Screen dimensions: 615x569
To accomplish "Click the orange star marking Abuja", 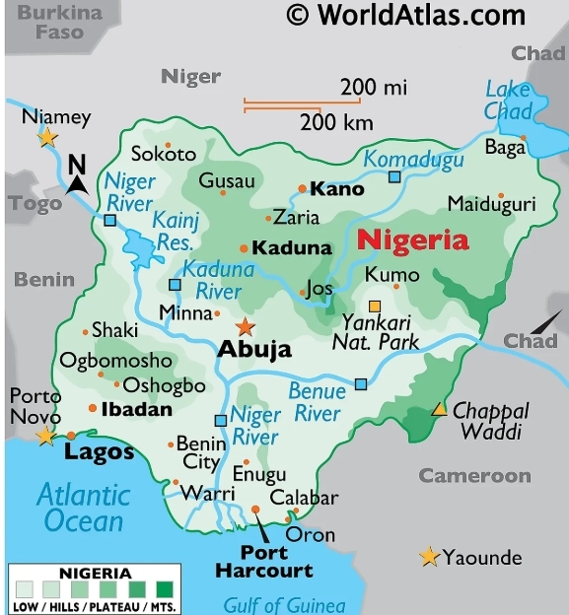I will coord(245,326).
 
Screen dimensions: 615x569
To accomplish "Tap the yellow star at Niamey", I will coord(47,138).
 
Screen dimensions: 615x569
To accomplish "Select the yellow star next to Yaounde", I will coord(429,557).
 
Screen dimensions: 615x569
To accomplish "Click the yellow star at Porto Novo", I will coord(45,436).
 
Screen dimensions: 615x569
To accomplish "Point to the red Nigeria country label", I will coord(412,239).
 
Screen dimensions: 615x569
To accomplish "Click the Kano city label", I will coord(336,188).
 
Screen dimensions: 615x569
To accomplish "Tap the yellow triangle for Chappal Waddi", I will coord(439,409).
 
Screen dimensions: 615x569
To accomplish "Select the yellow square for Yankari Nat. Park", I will coord(375,306).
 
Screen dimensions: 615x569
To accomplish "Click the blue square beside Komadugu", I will coord(394,177).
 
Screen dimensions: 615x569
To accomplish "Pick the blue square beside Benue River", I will coord(361,383).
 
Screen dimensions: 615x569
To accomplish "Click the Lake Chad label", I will coord(508,101).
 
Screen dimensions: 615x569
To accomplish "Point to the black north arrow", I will coord(78,177).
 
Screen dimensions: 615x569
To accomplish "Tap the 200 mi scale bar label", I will coord(374,88).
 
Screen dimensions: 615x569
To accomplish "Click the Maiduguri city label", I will coord(491,204).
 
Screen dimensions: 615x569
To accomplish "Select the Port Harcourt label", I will coord(263,561).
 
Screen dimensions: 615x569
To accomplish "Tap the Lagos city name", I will coord(99,452).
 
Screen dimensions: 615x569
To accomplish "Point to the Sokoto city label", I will coord(164,154).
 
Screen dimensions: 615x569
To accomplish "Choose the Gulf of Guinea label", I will coord(284,604).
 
